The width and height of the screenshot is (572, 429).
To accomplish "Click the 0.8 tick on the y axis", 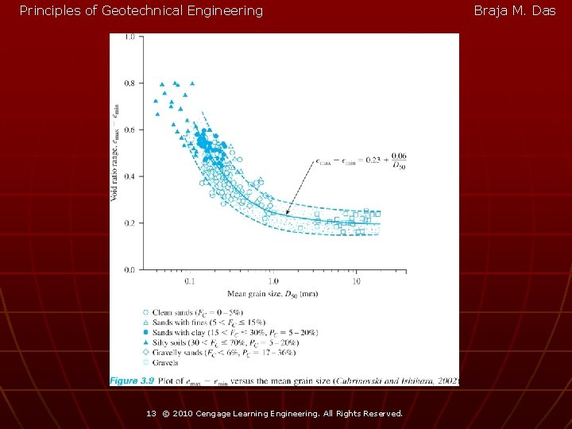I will pos(129,83).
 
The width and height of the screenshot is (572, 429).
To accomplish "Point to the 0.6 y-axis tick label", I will pos(129,129).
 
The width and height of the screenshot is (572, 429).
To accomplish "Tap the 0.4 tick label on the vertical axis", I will pos(129,176).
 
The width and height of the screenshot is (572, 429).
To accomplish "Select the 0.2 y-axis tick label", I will pos(129,223).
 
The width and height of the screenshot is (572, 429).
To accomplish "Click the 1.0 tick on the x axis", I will pos(272,280).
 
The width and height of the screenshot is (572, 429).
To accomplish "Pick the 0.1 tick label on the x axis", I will pos(189,280).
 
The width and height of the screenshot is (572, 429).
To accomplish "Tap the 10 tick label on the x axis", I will pos(357,280).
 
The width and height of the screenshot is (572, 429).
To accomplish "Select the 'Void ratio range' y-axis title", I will pos(116,151).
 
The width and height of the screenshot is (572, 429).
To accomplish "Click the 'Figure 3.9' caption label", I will pos(132,381).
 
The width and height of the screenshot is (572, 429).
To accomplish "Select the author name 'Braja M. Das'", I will pos(515,11).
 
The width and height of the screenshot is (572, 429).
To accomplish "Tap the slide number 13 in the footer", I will pos(151,414).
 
